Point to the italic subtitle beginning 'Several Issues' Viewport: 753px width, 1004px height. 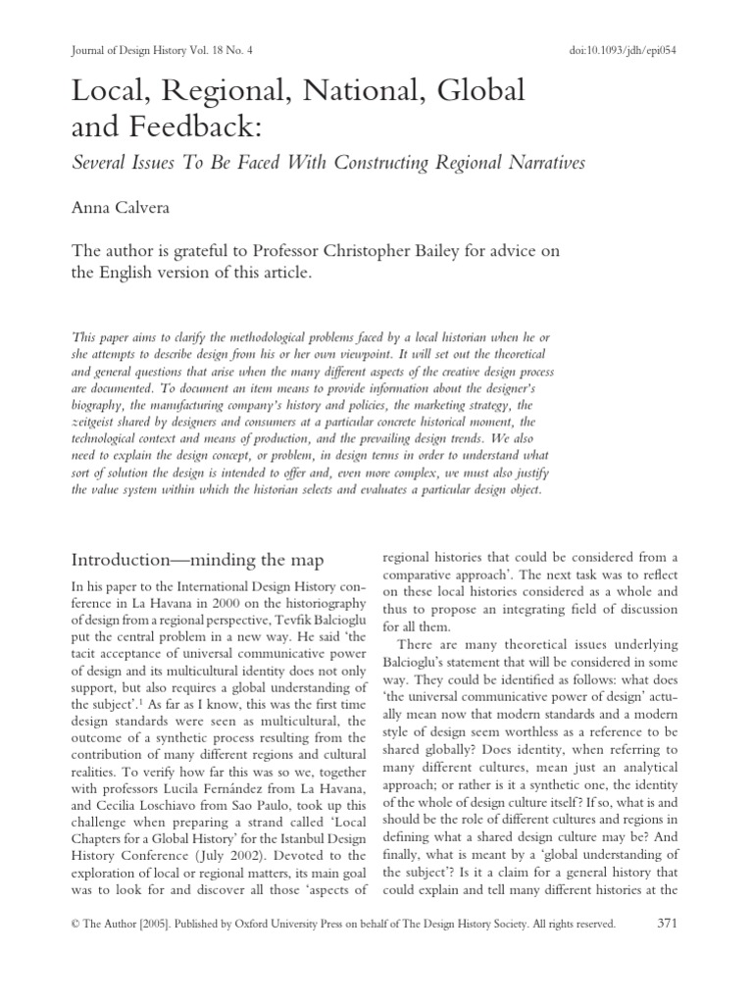[x=328, y=163]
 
